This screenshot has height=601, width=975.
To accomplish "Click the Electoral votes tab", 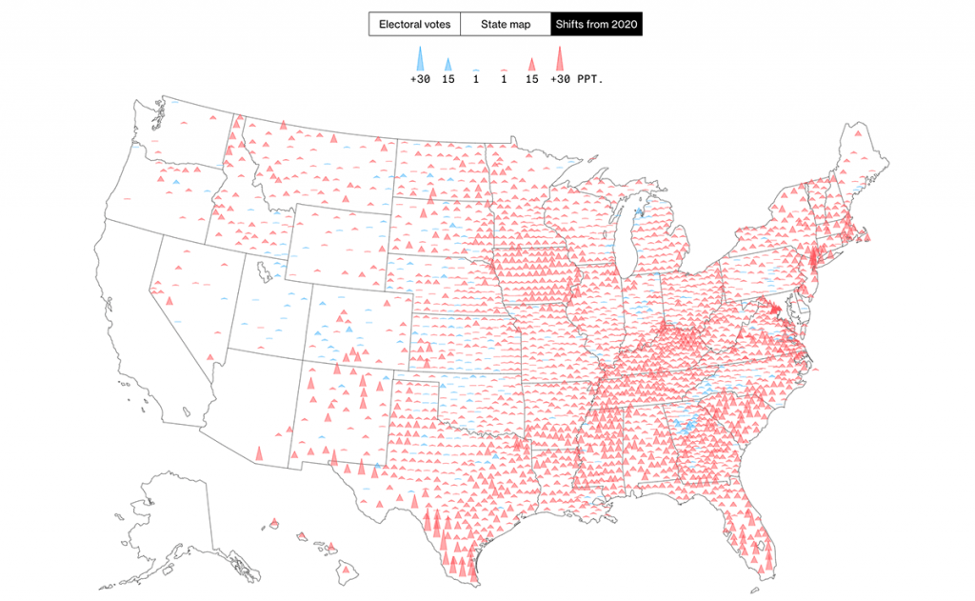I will pyautogui.click(x=414, y=24).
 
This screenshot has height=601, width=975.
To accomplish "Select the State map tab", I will pyautogui.click(x=505, y=24).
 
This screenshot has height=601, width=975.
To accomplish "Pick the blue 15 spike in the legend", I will pyautogui.click(x=448, y=65).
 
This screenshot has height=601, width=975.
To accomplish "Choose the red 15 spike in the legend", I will pyautogui.click(x=531, y=65).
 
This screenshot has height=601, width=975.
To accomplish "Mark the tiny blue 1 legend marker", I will pyautogui.click(x=475, y=70).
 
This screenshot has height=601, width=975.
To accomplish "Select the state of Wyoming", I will pyautogui.click(x=338, y=243).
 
